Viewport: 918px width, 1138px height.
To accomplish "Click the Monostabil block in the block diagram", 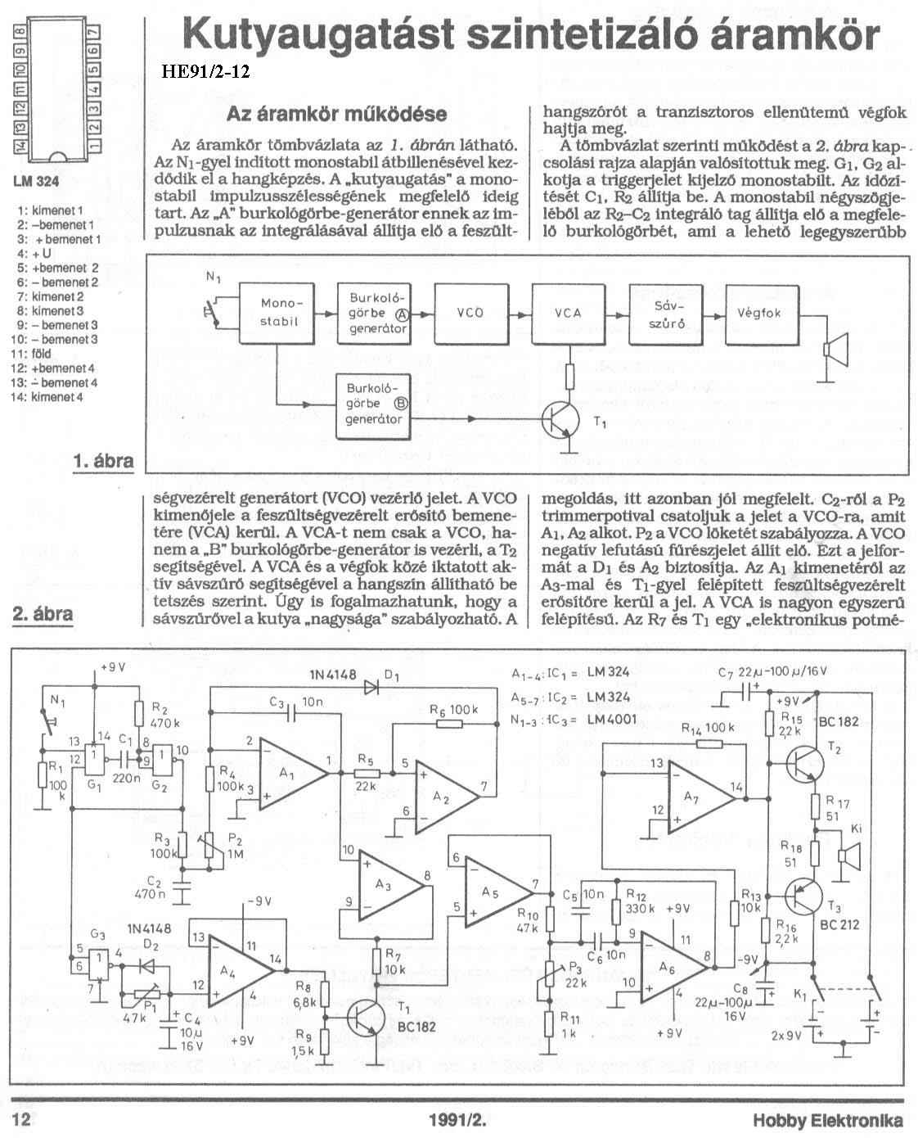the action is coord(276,314).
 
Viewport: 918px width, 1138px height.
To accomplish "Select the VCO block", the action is coord(471,314).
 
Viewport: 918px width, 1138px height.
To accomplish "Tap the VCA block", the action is coord(568,314).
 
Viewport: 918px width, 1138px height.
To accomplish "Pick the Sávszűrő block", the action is coord(666,315).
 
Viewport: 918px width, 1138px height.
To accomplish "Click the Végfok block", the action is coord(762,315).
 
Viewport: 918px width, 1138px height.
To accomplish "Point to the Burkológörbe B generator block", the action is coord(373,407).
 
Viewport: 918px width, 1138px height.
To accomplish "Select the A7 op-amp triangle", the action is coord(703,798).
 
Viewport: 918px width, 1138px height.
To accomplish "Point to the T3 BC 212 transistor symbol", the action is coord(804,896).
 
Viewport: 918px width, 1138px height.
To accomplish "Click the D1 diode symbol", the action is coord(371,687).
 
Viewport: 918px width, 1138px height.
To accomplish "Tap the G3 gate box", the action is coord(98,965).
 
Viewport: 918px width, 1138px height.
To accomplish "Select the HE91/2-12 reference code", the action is coord(205,71).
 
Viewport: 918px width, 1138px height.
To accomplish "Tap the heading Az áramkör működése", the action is coord(337,114).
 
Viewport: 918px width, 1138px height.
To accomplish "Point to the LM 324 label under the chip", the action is coord(36,182).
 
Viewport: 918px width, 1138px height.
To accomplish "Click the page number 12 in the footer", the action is coord(21,1119).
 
